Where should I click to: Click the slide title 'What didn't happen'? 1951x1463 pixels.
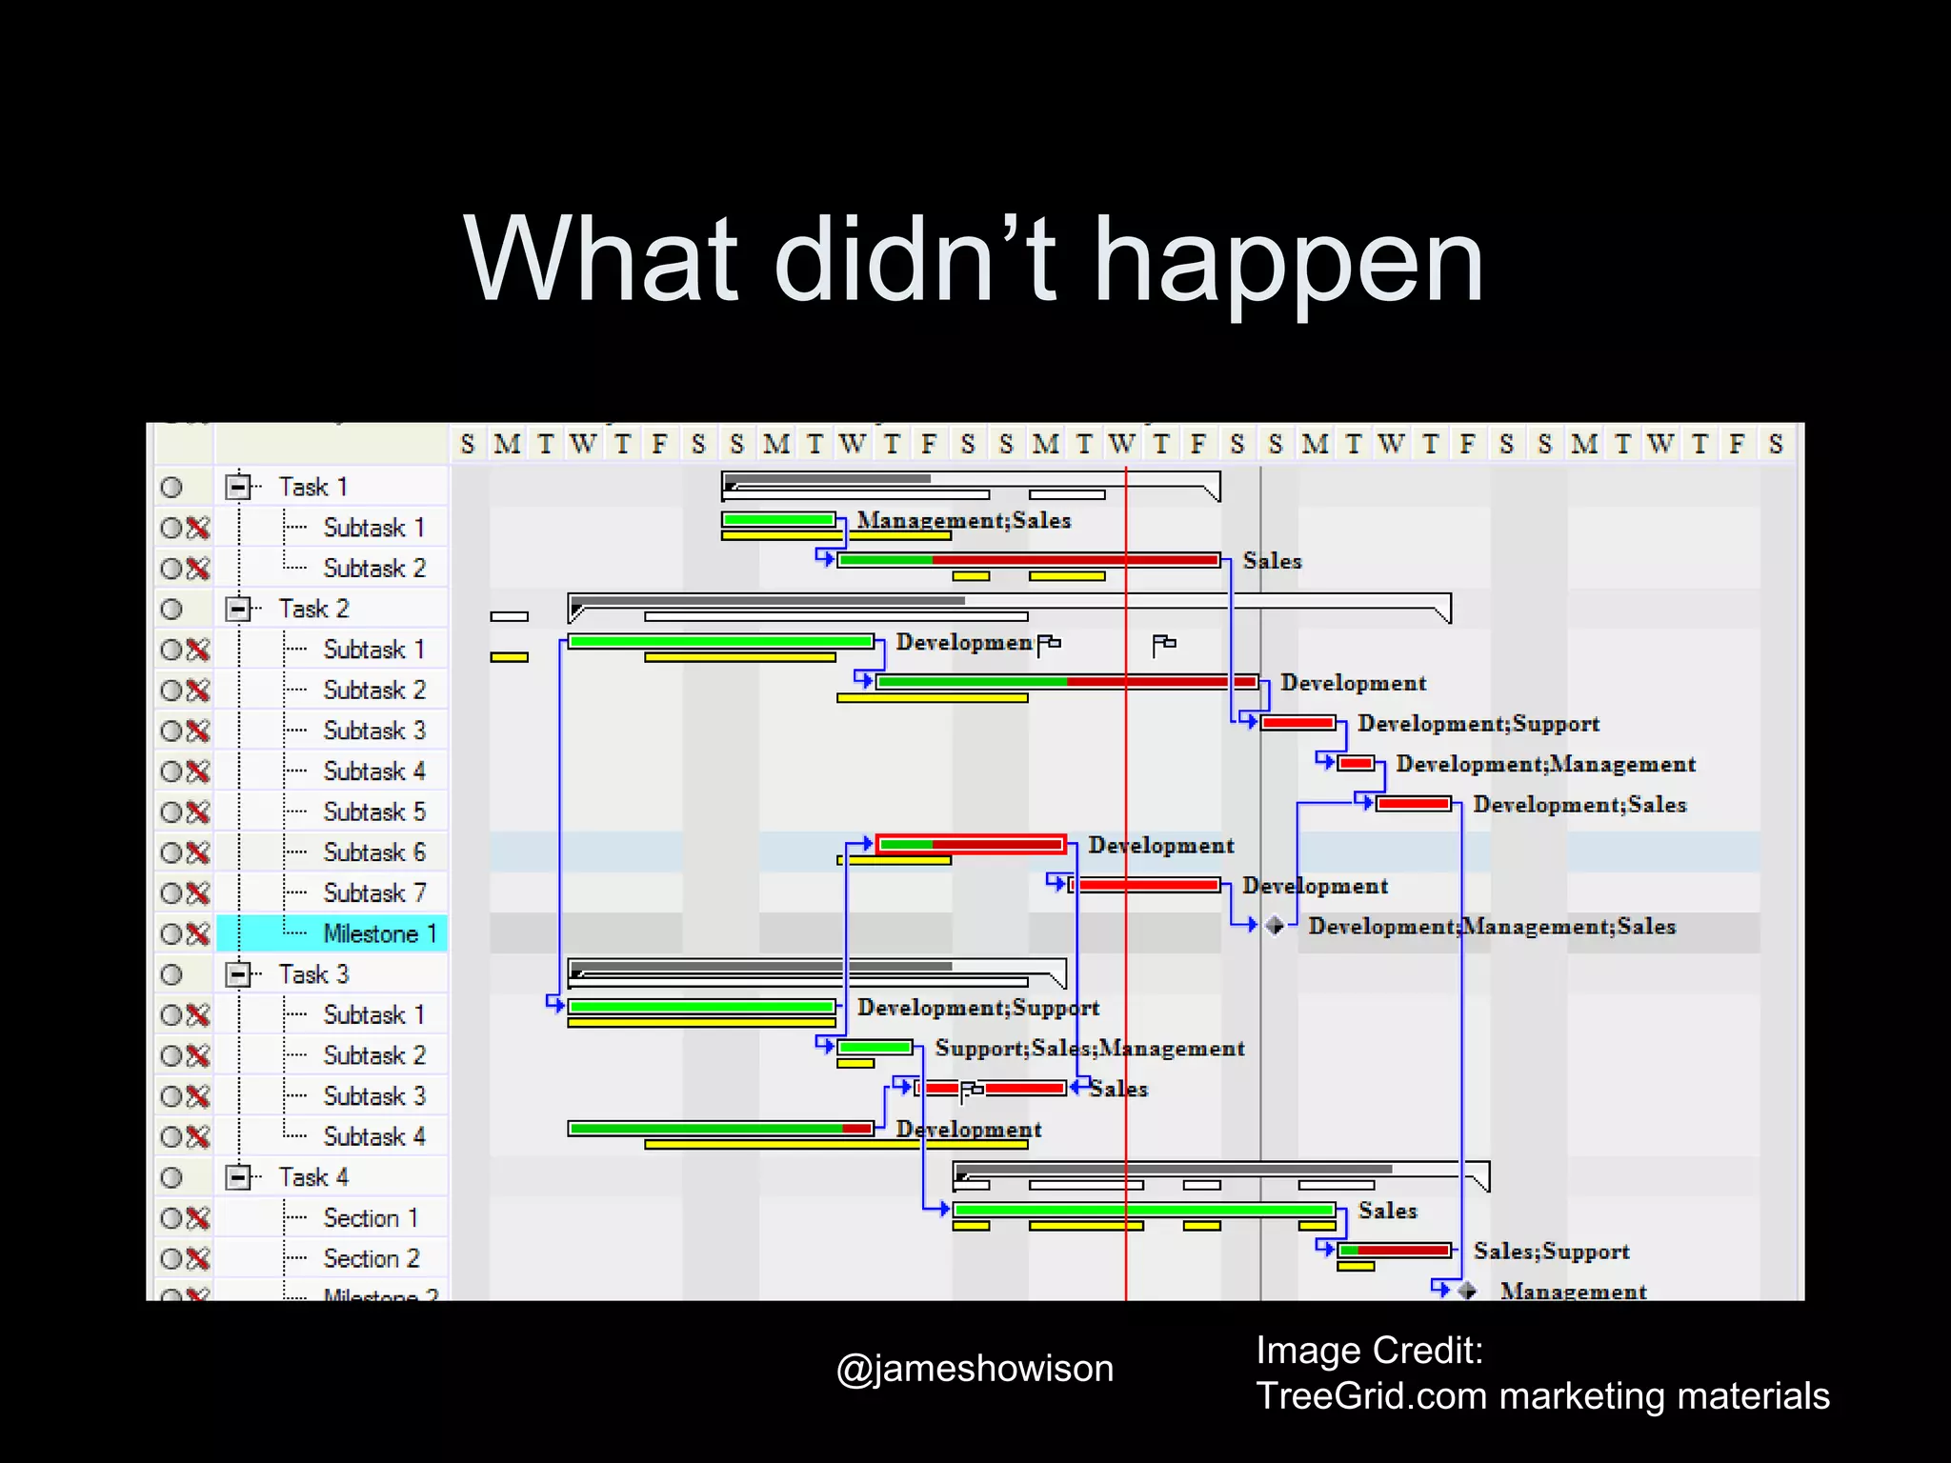click(974, 259)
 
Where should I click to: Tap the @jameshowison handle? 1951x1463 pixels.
click(974, 1369)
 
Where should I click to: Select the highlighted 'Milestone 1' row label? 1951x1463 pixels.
click(379, 933)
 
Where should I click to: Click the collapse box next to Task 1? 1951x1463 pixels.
click(237, 487)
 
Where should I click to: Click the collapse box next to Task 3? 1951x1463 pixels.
click(237, 974)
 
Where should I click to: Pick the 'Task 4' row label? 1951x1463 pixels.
click(313, 1177)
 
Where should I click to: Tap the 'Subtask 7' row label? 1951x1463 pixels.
click(374, 893)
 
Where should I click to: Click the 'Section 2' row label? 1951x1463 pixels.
click(372, 1258)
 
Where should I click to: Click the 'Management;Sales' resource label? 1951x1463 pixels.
click(964, 520)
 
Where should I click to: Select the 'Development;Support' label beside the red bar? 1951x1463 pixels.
click(1478, 724)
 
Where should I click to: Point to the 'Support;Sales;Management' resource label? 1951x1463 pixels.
click(1090, 1049)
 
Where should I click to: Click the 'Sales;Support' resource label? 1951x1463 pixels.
click(1551, 1252)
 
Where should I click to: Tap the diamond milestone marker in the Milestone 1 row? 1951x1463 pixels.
click(1276, 925)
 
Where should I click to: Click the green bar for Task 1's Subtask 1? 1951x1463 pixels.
click(778, 520)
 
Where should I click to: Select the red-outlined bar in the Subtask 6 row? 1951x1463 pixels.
click(970, 844)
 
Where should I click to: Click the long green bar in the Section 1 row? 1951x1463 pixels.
click(1143, 1210)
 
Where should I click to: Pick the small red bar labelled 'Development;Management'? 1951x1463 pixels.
click(1356, 763)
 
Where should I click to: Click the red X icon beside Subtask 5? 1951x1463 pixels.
click(198, 812)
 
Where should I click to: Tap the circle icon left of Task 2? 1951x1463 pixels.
click(171, 609)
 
